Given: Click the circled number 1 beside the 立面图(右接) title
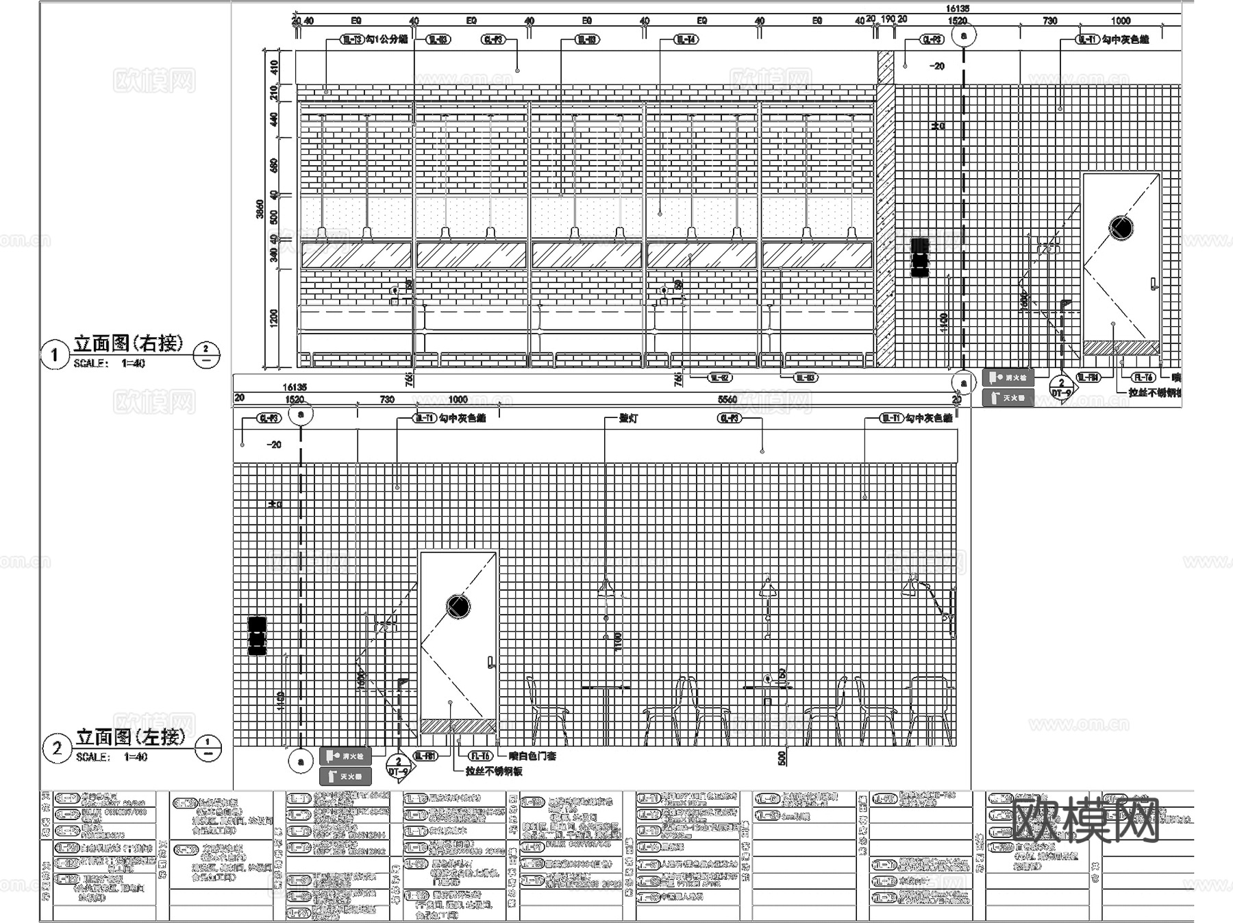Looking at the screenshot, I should [55, 355].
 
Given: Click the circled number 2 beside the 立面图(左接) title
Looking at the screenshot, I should [57, 748].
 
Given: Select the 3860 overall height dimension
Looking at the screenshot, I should [260, 209].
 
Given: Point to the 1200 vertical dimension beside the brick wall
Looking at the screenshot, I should [274, 318].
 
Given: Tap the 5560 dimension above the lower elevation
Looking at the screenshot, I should [727, 399].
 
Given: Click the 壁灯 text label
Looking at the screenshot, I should [628, 418].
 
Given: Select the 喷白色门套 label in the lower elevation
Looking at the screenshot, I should [532, 756].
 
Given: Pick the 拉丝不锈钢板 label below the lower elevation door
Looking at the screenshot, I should [493, 771].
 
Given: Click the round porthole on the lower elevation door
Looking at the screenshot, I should [458, 606].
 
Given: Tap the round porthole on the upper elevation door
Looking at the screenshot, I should [1121, 227].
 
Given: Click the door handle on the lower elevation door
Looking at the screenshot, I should [490, 662].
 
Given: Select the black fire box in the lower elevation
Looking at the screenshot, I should [257, 636].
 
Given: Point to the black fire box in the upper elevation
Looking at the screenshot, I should [920, 257].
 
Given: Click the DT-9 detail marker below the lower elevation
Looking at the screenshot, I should [399, 767].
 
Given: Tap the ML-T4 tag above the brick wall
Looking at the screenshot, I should [686, 40].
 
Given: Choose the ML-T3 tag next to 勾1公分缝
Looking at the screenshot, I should [352, 40].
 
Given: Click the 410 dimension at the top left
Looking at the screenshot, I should [274, 67].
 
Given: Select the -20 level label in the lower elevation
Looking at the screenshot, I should [274, 445].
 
